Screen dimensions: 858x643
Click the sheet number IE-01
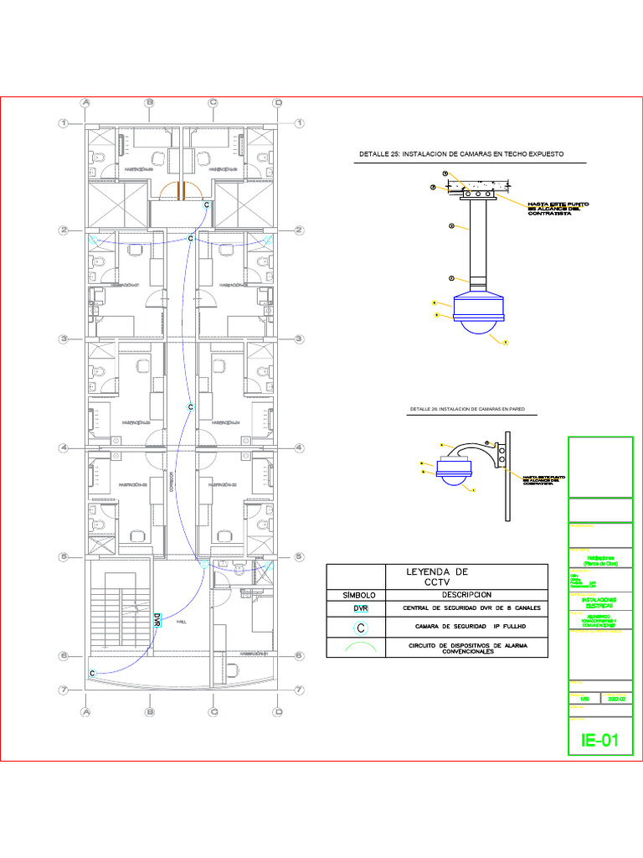click(x=599, y=741)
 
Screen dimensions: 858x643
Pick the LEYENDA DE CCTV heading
click(x=437, y=576)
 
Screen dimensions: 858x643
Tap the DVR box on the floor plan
click(x=157, y=620)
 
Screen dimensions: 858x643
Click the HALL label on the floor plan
click(x=183, y=623)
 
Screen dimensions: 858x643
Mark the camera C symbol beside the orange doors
click(x=207, y=204)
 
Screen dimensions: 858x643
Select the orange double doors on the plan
click(x=180, y=191)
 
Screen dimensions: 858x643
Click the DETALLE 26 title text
click(x=472, y=409)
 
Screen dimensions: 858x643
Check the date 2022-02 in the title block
click(x=616, y=697)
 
